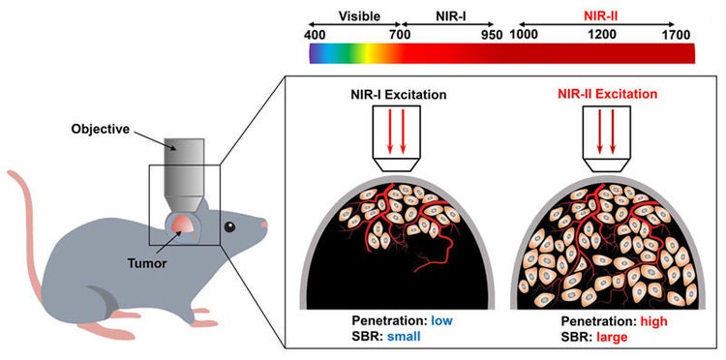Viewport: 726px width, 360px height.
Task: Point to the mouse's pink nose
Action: pyautogui.click(x=264, y=225)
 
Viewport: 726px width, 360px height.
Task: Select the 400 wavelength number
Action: pyautogui.click(x=316, y=35)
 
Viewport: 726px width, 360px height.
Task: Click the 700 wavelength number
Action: pyautogui.click(x=397, y=35)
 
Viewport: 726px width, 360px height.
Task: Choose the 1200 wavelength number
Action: pyautogui.click(x=600, y=35)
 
